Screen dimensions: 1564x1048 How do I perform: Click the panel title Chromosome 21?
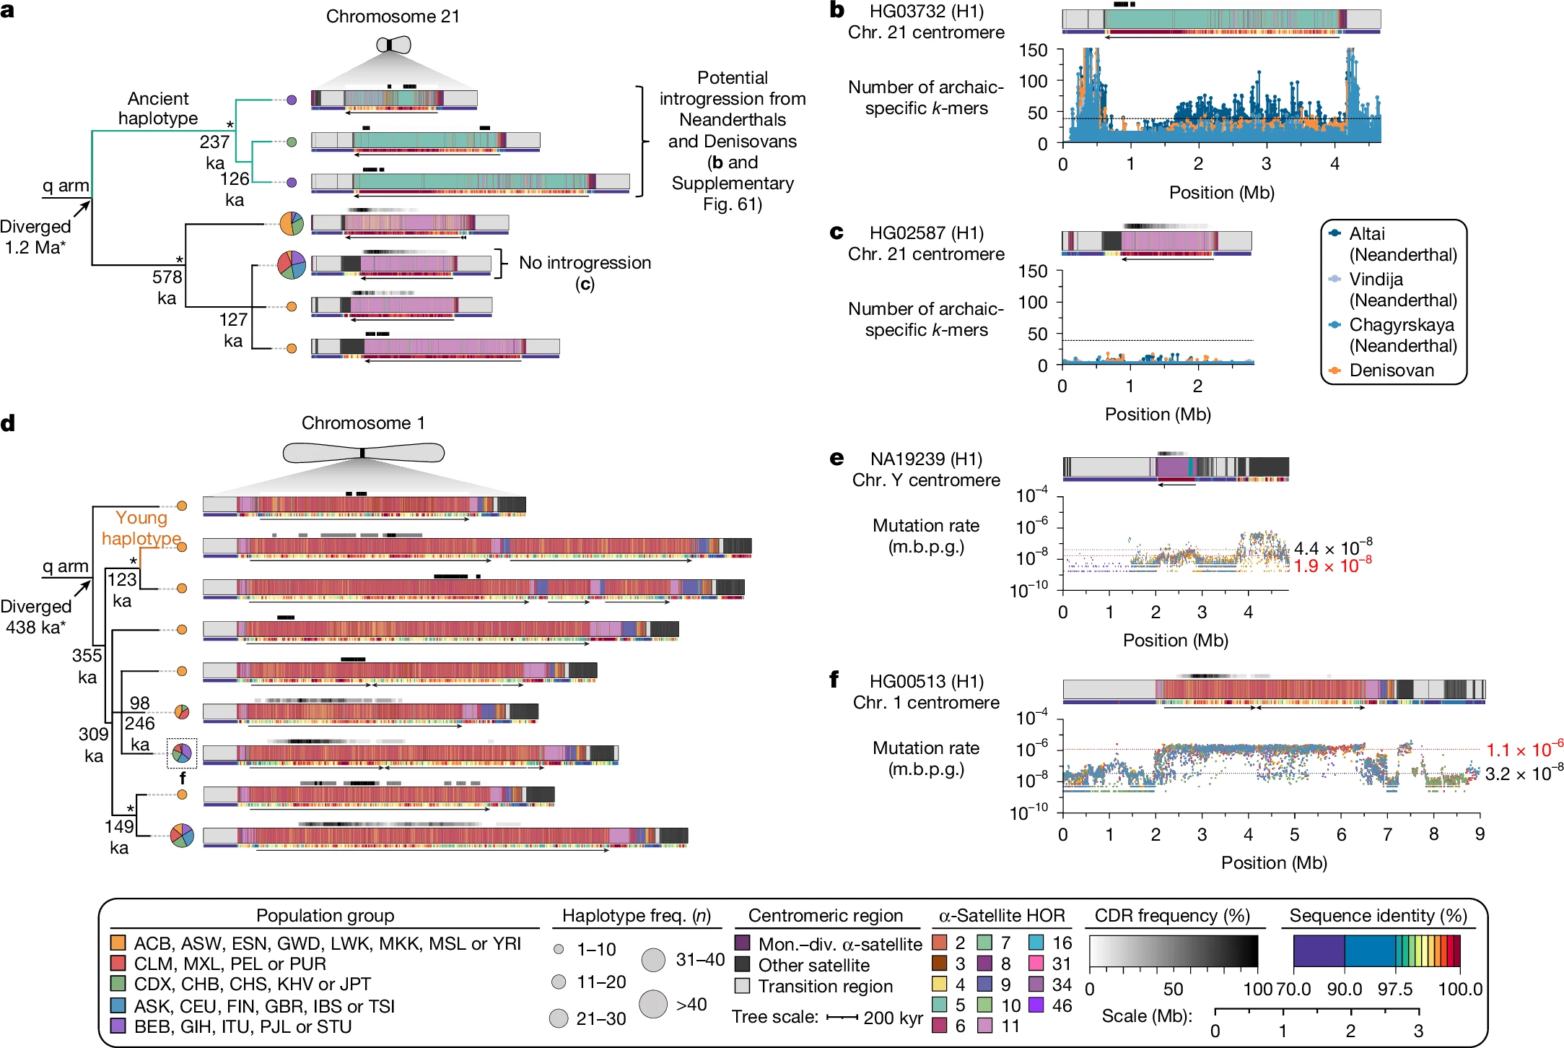pos(393,16)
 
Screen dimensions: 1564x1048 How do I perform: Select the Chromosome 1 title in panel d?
pos(363,423)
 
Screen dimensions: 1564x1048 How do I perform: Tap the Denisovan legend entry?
pos(1392,371)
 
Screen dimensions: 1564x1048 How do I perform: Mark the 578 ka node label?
pos(167,287)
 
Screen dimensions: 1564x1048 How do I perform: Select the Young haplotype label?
pos(141,528)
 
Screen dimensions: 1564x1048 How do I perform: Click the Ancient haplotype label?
pos(158,108)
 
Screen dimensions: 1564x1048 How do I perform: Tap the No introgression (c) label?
pos(585,272)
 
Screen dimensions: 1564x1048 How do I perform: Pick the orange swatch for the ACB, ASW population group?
pos(118,943)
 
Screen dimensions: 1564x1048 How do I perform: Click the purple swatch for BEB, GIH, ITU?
pos(118,1026)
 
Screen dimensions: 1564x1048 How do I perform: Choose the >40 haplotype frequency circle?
pos(653,1004)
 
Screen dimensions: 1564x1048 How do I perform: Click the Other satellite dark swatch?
pos(742,965)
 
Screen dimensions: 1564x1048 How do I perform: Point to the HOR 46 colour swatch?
pos(1036,1005)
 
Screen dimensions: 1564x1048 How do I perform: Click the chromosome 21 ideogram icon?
pos(393,45)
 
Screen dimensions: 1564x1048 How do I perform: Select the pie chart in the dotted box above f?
pos(182,753)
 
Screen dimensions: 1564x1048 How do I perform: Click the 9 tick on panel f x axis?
pos(1480,834)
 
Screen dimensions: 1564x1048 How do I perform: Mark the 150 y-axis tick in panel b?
pos(1033,50)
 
